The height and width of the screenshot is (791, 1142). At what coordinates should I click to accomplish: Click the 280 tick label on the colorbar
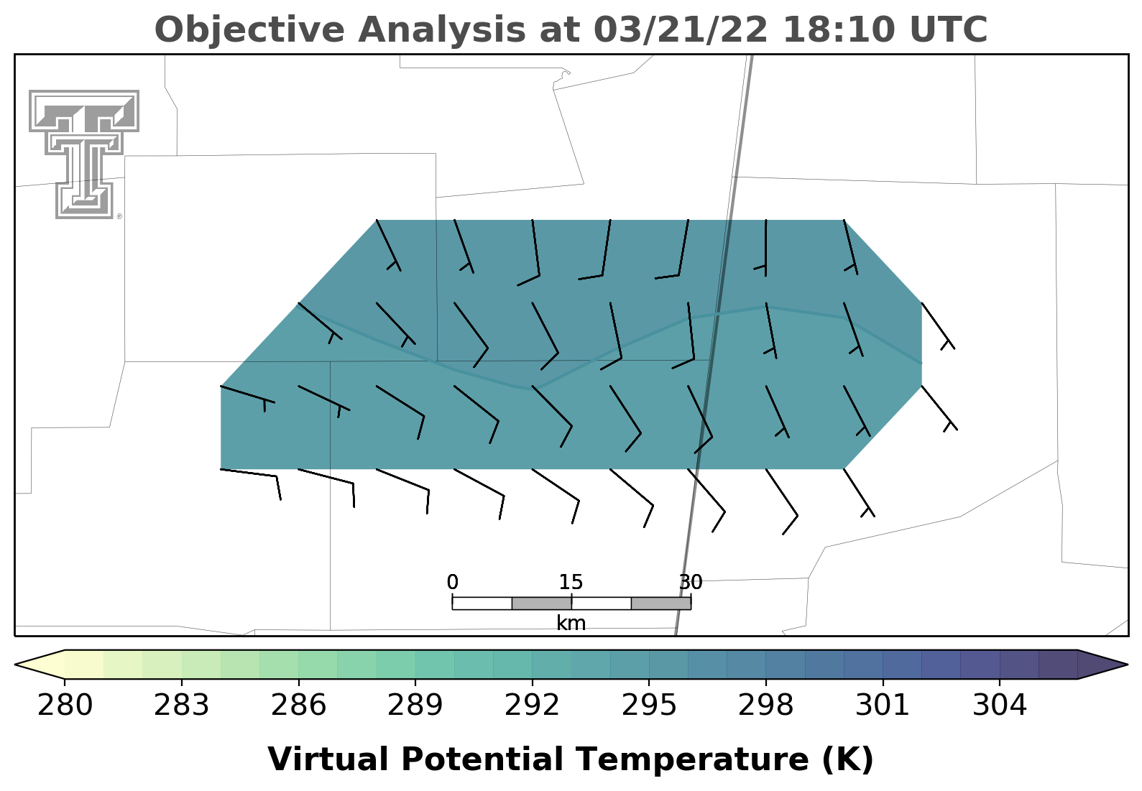65,706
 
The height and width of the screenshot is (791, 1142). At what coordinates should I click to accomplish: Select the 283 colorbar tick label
182,706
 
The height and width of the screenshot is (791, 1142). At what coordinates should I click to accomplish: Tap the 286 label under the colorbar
298,706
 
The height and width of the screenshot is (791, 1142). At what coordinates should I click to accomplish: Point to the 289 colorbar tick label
415,706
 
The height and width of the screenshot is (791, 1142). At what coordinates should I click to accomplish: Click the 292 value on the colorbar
532,706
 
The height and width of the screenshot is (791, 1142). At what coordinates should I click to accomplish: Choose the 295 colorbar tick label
648,706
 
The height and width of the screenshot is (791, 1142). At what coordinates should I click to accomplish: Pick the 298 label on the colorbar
765,706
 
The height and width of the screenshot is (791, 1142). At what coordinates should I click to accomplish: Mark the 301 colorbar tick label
883,706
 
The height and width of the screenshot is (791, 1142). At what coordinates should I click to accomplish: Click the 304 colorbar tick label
999,706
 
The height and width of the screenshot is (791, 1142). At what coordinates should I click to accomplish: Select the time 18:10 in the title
839,29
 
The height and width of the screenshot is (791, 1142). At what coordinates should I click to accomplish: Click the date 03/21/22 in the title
681,29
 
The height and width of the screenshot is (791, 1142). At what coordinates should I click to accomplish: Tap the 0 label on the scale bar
452,582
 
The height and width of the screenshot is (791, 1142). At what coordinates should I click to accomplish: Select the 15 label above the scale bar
571,582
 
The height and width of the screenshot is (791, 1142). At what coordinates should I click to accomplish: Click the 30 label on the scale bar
691,582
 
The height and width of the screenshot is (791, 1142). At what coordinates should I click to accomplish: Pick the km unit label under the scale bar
571,623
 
